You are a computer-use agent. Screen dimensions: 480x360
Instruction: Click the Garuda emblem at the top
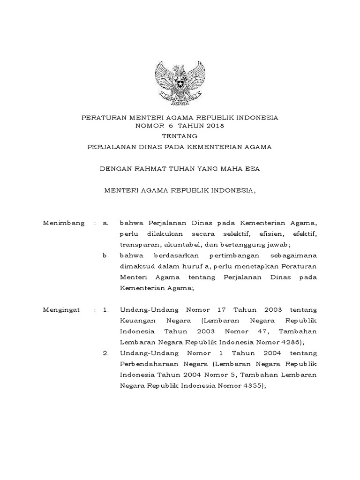point(180,83)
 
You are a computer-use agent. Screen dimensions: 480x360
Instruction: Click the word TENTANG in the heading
point(180,136)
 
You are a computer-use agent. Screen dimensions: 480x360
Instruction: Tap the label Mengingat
point(62,310)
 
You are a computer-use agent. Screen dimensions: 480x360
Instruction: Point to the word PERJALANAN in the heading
point(111,147)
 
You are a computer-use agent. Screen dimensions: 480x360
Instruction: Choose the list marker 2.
point(105,353)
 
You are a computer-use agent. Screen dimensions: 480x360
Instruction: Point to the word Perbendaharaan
point(149,364)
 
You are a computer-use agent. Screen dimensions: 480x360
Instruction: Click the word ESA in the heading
point(251,169)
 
